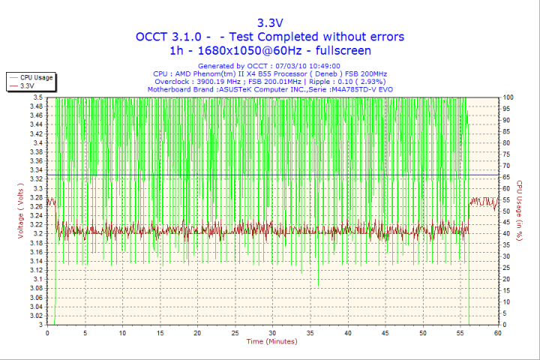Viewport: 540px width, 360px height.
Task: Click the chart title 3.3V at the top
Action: tap(270, 22)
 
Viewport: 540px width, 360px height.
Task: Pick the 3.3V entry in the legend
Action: tap(28, 85)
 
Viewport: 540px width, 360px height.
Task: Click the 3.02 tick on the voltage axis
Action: tap(35, 316)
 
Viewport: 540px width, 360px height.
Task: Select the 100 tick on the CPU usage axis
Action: tap(508, 97)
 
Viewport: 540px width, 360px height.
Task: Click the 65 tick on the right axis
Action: tap(507, 177)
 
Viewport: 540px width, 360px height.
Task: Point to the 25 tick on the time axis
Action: tap(235, 333)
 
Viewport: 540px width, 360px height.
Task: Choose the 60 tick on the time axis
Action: tap(497, 333)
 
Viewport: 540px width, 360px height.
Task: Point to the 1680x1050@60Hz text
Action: tap(239, 51)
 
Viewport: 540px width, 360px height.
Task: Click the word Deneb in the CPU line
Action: tap(327, 73)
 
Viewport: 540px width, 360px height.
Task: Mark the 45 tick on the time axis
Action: tap(385, 333)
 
